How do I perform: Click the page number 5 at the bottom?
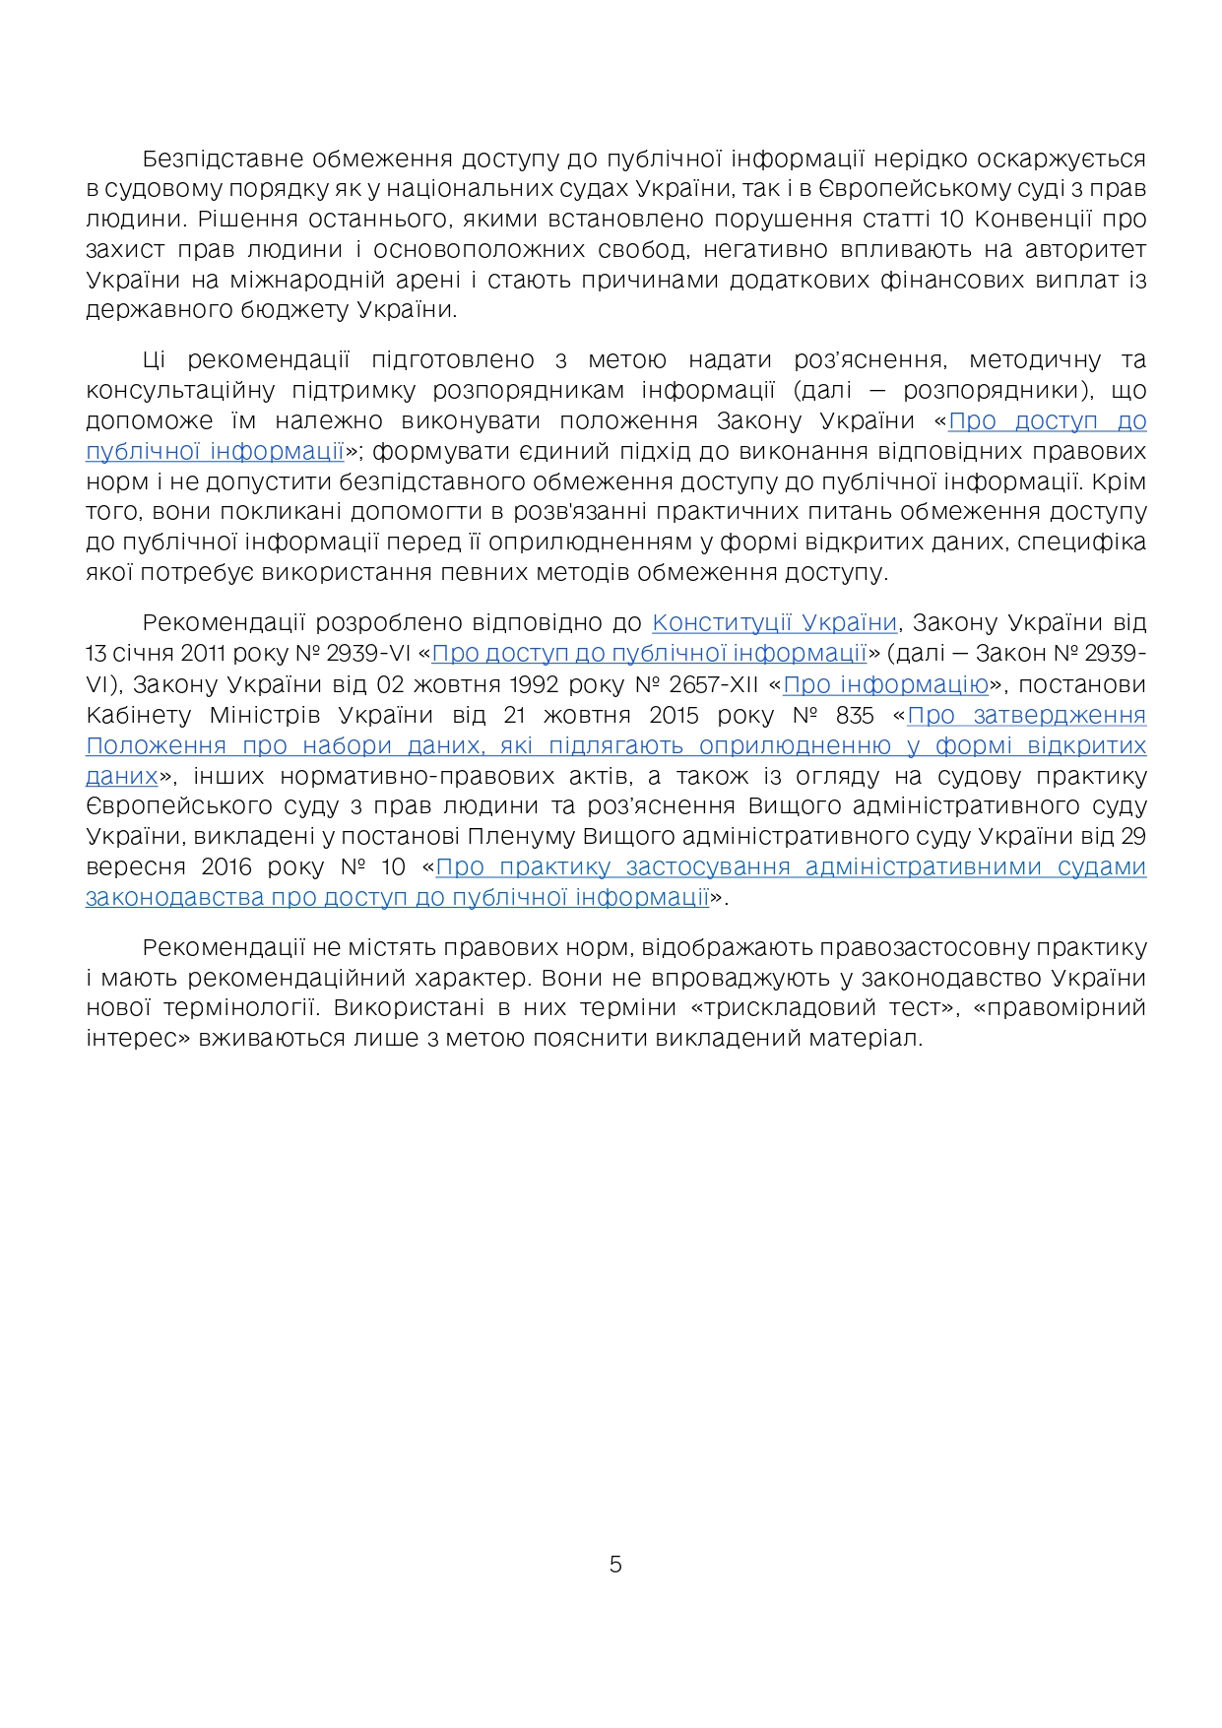click(615, 1565)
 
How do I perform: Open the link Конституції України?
click(775, 623)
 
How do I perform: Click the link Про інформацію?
click(885, 684)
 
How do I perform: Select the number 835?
click(854, 715)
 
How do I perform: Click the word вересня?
click(135, 867)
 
